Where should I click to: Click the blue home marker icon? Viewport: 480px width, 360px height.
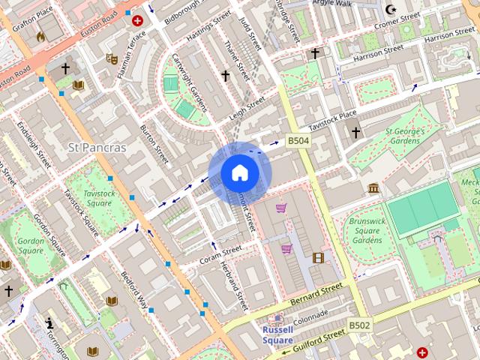239,173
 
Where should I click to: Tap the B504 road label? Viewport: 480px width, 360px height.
298,140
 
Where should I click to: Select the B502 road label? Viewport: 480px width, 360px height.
359,325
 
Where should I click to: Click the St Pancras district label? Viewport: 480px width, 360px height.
97,147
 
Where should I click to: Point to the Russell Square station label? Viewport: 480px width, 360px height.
277,334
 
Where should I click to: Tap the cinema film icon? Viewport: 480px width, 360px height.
319,259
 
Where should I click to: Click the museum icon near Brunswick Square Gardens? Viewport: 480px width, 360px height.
373,188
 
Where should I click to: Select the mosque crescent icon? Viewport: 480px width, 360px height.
389,10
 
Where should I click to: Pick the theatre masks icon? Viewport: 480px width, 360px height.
112,58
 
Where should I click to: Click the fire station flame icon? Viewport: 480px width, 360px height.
40,34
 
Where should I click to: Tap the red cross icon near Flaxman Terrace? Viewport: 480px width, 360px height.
137,23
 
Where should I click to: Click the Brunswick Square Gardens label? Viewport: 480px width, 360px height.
367,230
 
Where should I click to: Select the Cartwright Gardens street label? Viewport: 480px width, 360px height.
189,82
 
